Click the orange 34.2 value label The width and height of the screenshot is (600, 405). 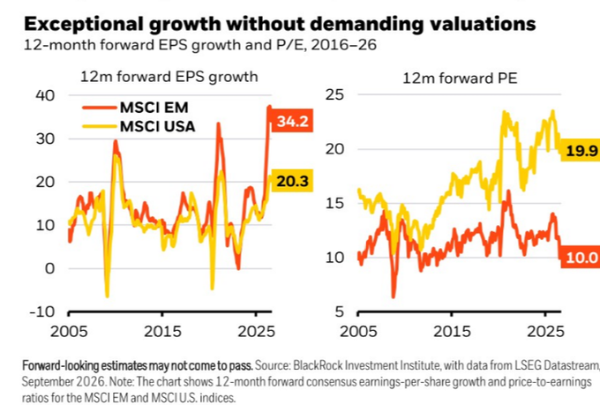[x=292, y=121]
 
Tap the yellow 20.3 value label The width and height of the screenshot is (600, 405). [x=292, y=181]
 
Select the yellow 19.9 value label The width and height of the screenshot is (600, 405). [x=581, y=150]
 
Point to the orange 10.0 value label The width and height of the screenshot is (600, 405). [x=581, y=257]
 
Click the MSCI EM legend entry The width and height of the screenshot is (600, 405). [x=136, y=108]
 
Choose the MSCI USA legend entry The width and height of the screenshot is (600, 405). [x=139, y=126]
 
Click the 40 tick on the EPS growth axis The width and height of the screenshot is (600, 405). [x=45, y=95]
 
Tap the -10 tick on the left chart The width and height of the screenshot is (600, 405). [x=42, y=311]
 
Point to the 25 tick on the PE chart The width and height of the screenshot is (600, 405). [x=334, y=94]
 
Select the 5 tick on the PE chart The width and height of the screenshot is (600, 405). [x=340, y=311]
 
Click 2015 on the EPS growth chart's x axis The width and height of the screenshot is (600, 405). [x=162, y=332]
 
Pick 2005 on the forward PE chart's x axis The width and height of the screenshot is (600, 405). [x=358, y=332]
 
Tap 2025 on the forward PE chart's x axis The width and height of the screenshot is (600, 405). [x=545, y=332]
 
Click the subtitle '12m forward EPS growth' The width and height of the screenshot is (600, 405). [x=169, y=77]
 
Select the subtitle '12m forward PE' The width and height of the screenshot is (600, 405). [x=460, y=79]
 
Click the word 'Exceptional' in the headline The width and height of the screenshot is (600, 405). [x=83, y=24]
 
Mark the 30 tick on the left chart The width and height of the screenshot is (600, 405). [x=45, y=139]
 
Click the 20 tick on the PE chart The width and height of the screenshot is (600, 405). [x=334, y=149]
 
